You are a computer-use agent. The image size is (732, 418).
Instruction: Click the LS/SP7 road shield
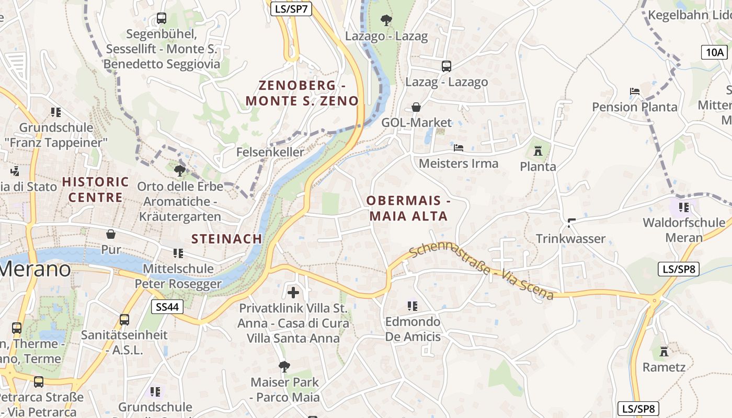click(x=291, y=8)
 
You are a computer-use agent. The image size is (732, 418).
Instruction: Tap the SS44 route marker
click(x=168, y=307)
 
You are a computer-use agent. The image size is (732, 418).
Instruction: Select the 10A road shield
click(x=715, y=52)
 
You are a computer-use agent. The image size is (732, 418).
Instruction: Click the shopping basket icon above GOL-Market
click(x=416, y=107)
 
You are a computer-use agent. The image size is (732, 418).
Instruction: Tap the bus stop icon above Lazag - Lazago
click(x=446, y=66)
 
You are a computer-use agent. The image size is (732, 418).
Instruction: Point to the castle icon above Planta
click(x=537, y=152)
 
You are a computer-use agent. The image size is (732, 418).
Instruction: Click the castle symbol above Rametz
click(x=664, y=351)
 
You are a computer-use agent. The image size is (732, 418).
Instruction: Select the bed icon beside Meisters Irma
click(x=459, y=148)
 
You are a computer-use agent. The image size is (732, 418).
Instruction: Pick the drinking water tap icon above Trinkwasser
click(x=571, y=223)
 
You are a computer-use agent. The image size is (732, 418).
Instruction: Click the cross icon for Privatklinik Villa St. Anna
click(x=293, y=292)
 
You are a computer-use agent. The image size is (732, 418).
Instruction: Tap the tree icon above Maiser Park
click(x=284, y=366)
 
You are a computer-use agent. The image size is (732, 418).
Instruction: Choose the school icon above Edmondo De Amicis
click(x=413, y=306)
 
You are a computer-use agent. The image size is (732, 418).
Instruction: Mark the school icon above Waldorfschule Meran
click(x=684, y=207)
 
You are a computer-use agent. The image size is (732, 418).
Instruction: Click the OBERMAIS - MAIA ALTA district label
click(x=408, y=208)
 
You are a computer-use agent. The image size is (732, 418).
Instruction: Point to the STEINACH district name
click(x=226, y=239)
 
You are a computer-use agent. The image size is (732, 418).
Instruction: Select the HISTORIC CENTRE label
click(x=96, y=190)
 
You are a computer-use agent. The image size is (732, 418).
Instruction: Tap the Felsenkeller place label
click(x=270, y=152)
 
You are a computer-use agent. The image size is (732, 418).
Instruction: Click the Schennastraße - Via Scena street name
click(x=481, y=273)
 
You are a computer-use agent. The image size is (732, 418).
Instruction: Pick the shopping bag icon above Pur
click(x=111, y=234)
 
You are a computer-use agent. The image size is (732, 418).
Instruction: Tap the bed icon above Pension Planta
click(x=635, y=91)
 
